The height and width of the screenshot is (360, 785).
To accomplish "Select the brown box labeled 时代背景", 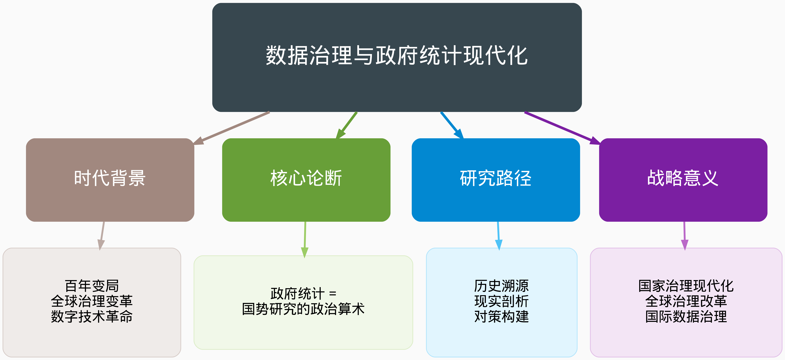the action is [110, 180].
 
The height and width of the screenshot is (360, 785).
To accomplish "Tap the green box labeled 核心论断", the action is [306, 180].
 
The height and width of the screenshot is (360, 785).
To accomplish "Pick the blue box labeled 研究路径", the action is [496, 180].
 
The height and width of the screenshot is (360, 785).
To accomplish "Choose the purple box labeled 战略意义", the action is [683, 180].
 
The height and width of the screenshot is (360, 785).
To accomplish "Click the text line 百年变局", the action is [92, 286].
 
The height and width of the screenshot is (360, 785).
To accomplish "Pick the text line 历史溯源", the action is [502, 286].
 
